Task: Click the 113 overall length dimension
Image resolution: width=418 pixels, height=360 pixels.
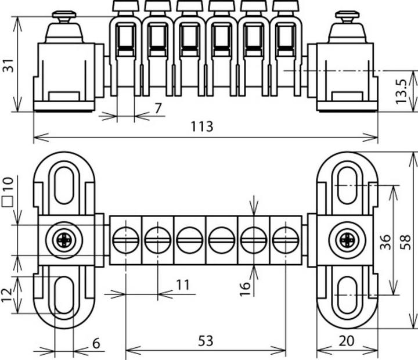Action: tap(201, 127)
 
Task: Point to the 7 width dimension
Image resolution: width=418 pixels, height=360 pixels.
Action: tap(158, 107)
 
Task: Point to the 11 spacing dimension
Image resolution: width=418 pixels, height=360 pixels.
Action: tap(183, 285)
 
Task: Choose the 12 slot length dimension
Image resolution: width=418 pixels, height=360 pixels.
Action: tap(8, 295)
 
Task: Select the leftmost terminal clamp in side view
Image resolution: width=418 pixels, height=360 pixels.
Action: tap(125, 46)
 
